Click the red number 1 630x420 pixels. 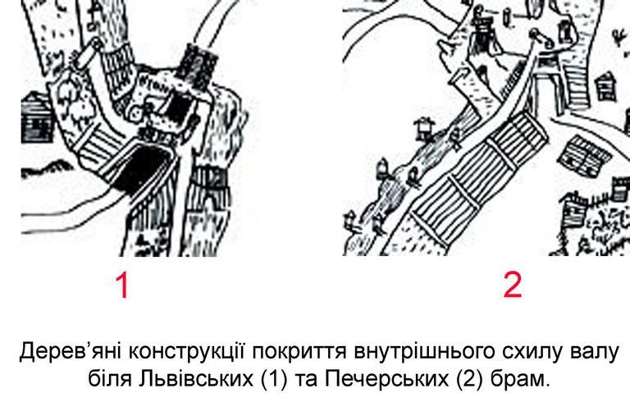tap(122, 285)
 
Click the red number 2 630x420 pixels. tap(513, 285)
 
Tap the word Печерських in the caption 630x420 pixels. tap(386, 379)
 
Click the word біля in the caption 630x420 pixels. tap(109, 378)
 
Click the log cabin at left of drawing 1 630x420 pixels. tap(36, 117)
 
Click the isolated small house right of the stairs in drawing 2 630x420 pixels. tap(606, 86)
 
